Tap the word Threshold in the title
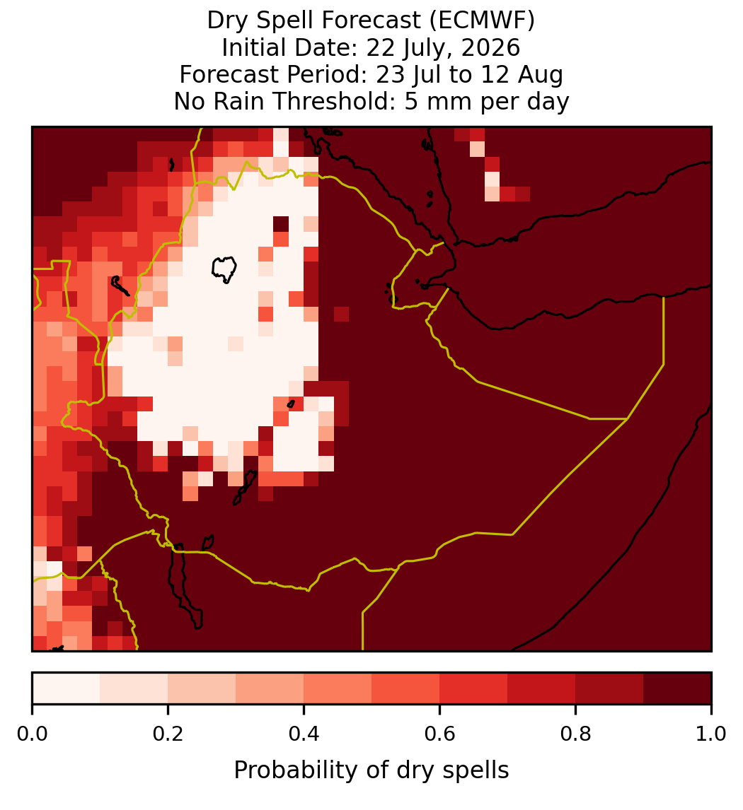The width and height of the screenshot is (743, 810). (333, 101)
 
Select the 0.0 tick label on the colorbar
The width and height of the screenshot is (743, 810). (32, 734)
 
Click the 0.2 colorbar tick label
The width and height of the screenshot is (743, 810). (168, 734)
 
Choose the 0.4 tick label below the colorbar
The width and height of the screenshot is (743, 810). (304, 734)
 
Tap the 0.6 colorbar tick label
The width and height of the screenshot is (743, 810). (439, 734)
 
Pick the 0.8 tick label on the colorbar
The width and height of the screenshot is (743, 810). (575, 734)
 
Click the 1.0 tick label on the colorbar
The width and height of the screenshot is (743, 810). (711, 734)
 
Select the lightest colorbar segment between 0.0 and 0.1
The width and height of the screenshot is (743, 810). (67, 688)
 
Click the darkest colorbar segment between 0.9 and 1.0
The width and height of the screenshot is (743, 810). (677, 688)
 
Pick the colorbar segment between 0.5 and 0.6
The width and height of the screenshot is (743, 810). (406, 688)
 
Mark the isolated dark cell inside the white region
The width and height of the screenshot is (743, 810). (281, 224)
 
